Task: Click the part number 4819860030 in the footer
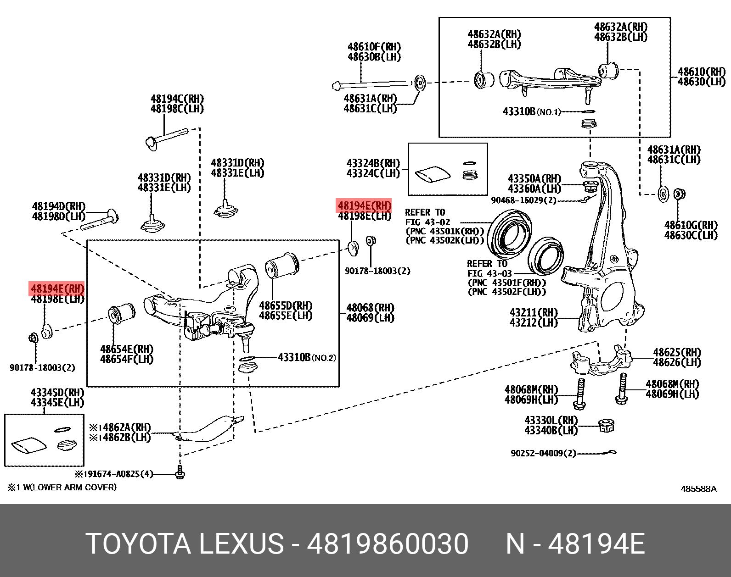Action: [x=388, y=544]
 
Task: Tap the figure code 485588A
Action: [x=698, y=489]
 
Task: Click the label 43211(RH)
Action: [x=534, y=313]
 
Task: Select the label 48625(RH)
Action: [x=677, y=352]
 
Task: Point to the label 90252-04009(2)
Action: [x=543, y=453]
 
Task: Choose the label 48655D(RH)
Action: [x=286, y=305]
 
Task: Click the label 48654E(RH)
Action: [x=127, y=350]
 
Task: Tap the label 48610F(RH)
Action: [x=374, y=47]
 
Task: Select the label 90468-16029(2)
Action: [x=523, y=200]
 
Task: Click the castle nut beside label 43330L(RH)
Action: [x=607, y=425]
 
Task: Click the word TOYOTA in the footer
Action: [x=138, y=544]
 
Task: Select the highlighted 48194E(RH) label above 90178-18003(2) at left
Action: [x=57, y=289]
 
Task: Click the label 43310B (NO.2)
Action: [x=307, y=357]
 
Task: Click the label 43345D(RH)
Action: [x=57, y=393]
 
